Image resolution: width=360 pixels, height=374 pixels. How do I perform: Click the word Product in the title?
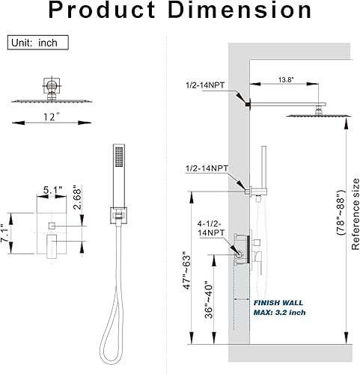(x=102, y=10)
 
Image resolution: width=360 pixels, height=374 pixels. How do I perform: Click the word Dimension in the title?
(x=241, y=10)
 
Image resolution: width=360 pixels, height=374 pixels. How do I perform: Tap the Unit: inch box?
(x=38, y=43)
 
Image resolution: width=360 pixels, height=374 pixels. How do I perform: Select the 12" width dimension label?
(x=52, y=117)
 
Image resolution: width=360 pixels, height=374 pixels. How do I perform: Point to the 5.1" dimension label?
(x=52, y=190)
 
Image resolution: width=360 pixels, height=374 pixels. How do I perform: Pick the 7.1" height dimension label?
(x=4, y=233)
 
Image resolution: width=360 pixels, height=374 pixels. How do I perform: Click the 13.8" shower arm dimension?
(x=286, y=80)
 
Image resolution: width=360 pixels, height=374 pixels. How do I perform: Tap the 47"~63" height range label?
(x=187, y=272)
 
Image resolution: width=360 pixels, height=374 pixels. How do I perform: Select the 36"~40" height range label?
(x=209, y=300)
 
